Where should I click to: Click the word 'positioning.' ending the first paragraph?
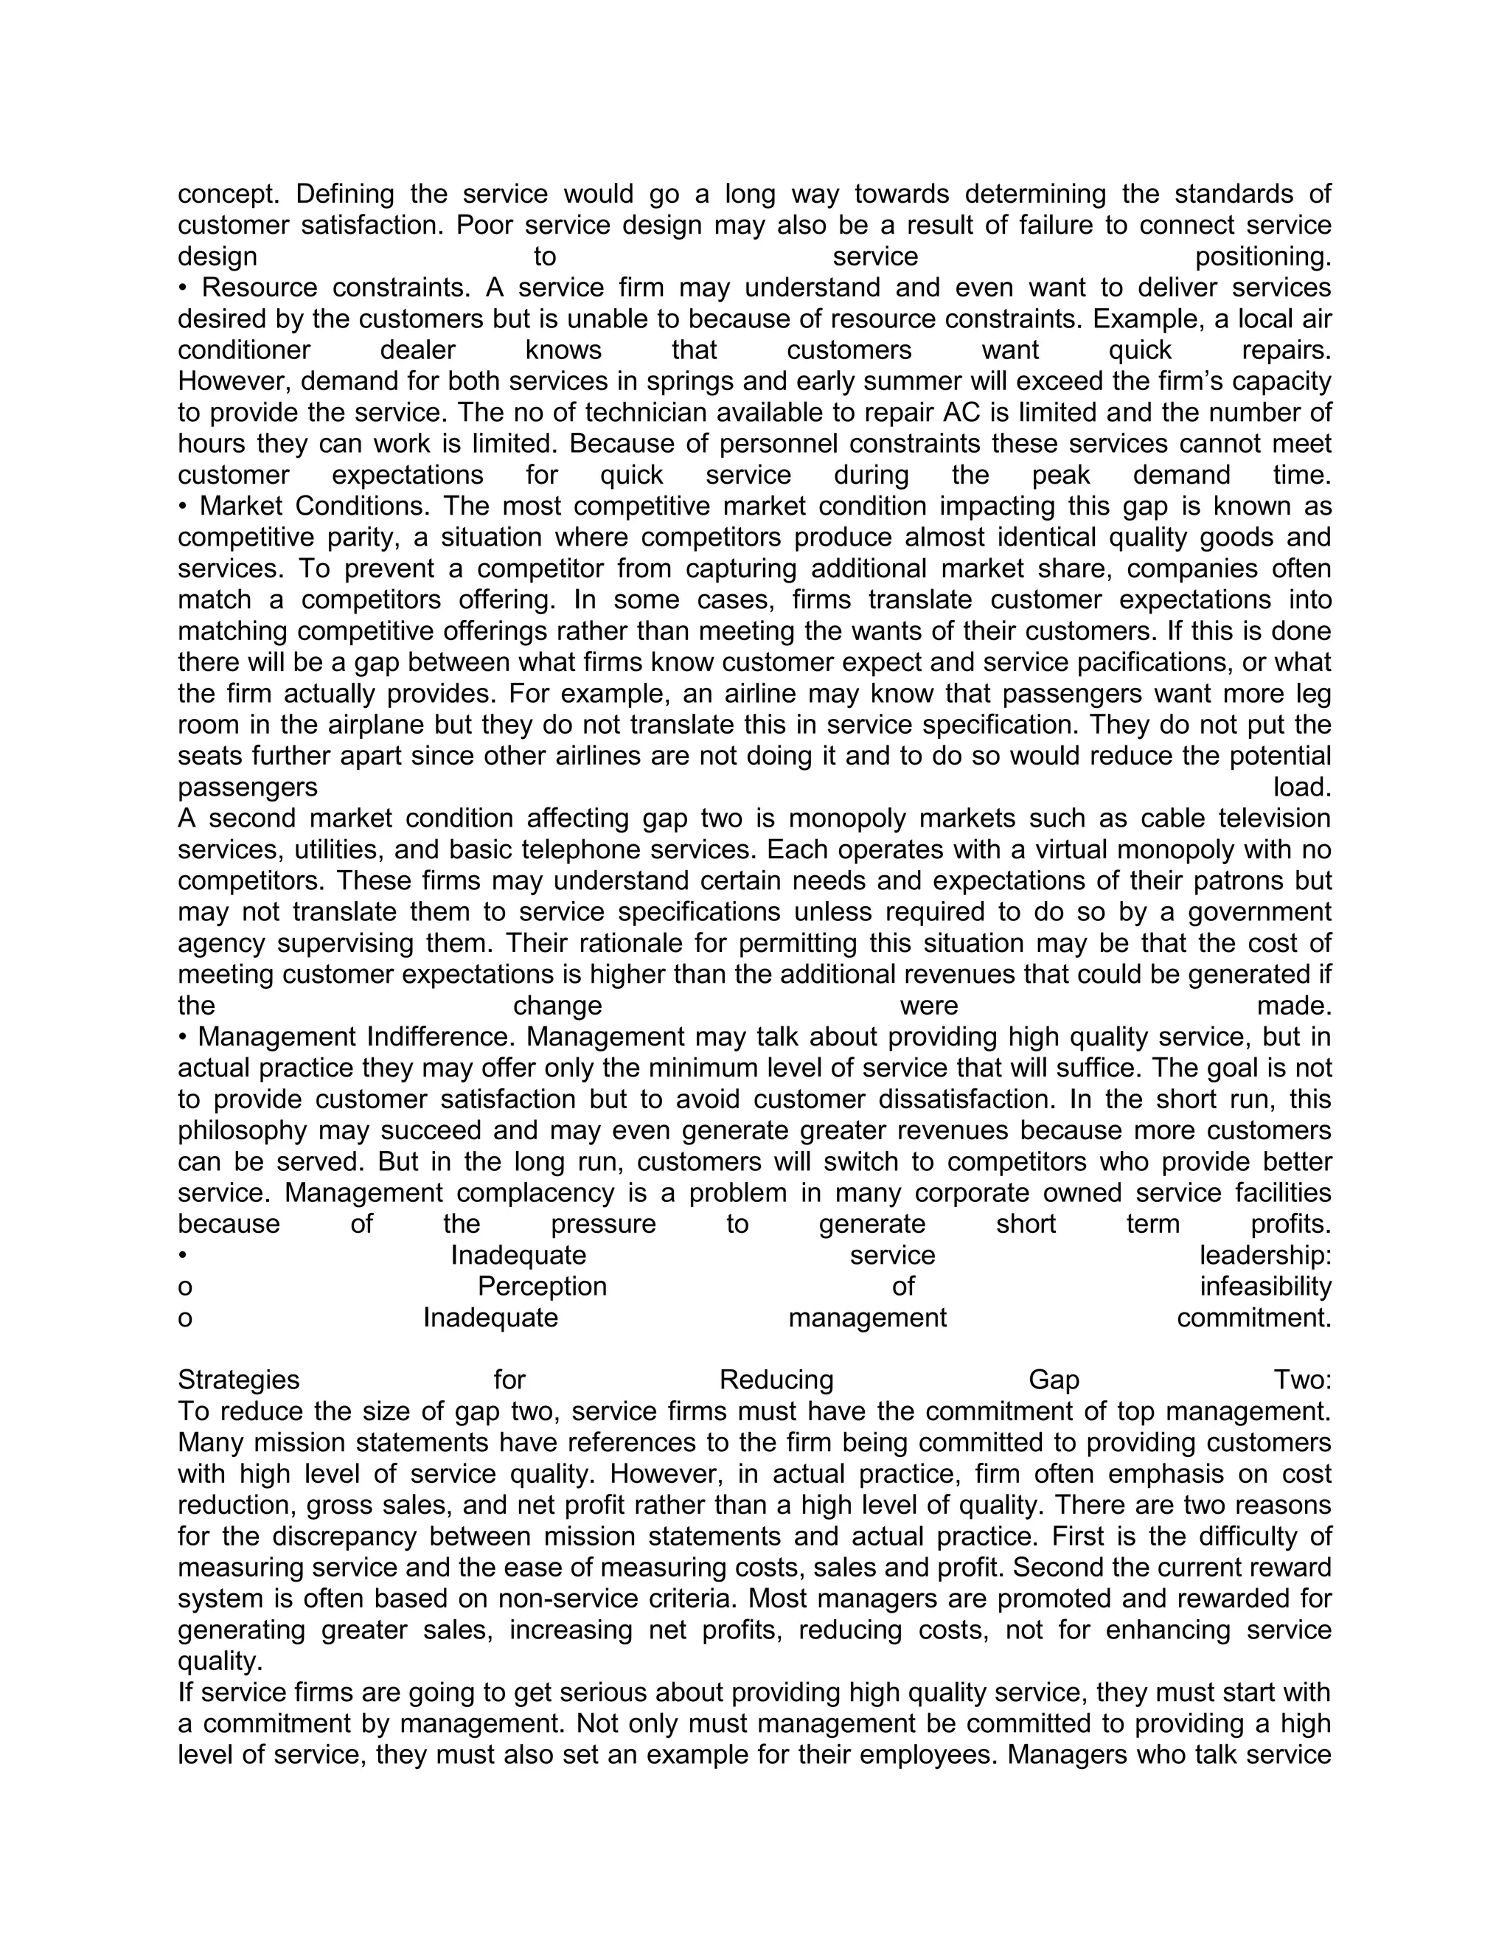click(x=1262, y=257)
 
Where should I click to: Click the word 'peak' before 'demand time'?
click(x=1061, y=475)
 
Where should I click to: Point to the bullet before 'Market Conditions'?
click(x=183, y=507)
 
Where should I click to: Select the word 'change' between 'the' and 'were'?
click(x=557, y=1006)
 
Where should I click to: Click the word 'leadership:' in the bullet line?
click(x=1265, y=1255)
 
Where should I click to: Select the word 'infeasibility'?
click(x=1265, y=1287)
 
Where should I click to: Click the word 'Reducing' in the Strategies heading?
click(x=776, y=1380)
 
